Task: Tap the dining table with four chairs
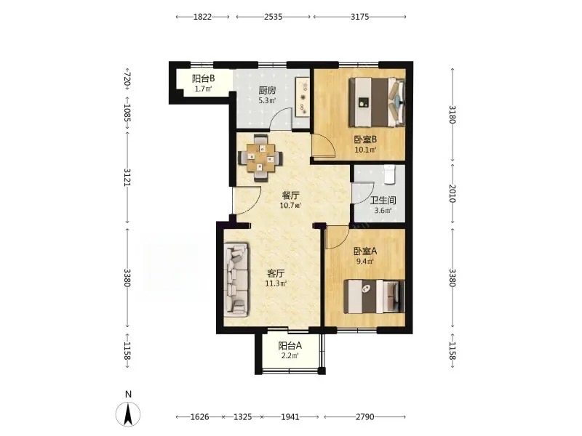tap(260, 158)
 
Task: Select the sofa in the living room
tap(236, 280)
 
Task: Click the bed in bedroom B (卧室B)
tap(377, 102)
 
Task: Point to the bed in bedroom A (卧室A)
tap(374, 296)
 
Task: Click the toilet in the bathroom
tap(390, 174)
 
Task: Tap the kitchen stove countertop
tap(303, 97)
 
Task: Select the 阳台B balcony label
tap(204, 78)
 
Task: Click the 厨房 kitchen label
tap(267, 90)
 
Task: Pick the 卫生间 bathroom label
tap(383, 201)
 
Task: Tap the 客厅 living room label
tap(276, 274)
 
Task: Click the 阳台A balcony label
tap(290, 346)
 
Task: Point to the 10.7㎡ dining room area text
tap(290, 205)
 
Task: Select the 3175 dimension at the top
tap(359, 16)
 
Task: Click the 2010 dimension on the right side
tap(452, 193)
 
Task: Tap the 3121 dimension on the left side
tap(127, 177)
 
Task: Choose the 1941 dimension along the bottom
tap(290, 417)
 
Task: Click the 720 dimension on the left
tap(127, 78)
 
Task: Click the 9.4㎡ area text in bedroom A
tap(365, 261)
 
